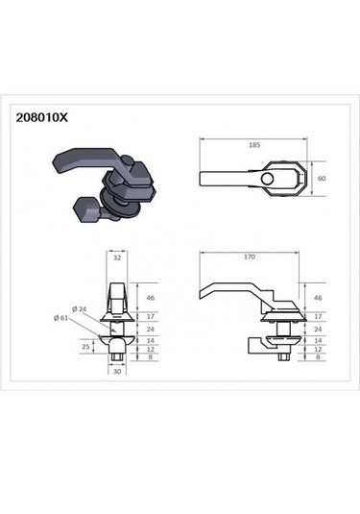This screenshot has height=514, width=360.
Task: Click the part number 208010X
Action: coord(42,117)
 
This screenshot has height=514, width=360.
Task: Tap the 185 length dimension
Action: coord(254,145)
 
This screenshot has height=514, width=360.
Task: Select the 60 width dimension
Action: coord(322,179)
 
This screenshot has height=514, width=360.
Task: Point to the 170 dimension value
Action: coord(250,257)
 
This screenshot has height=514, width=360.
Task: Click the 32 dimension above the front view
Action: coord(117,258)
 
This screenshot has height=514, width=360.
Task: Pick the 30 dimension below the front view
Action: coord(117,372)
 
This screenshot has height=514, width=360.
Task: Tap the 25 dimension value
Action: coord(85,347)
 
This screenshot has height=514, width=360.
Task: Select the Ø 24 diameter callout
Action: coord(79,309)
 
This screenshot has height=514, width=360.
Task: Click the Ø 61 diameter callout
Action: coord(60,318)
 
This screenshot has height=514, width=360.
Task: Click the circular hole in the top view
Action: coord(267,179)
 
